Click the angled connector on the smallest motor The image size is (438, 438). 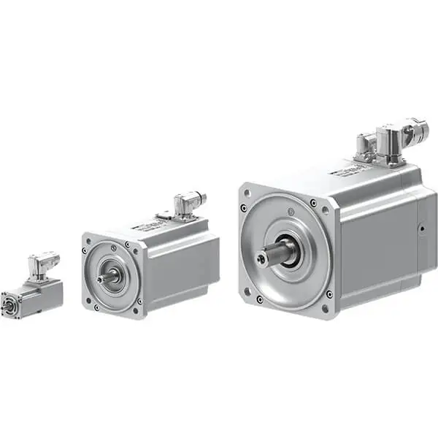(42, 264)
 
